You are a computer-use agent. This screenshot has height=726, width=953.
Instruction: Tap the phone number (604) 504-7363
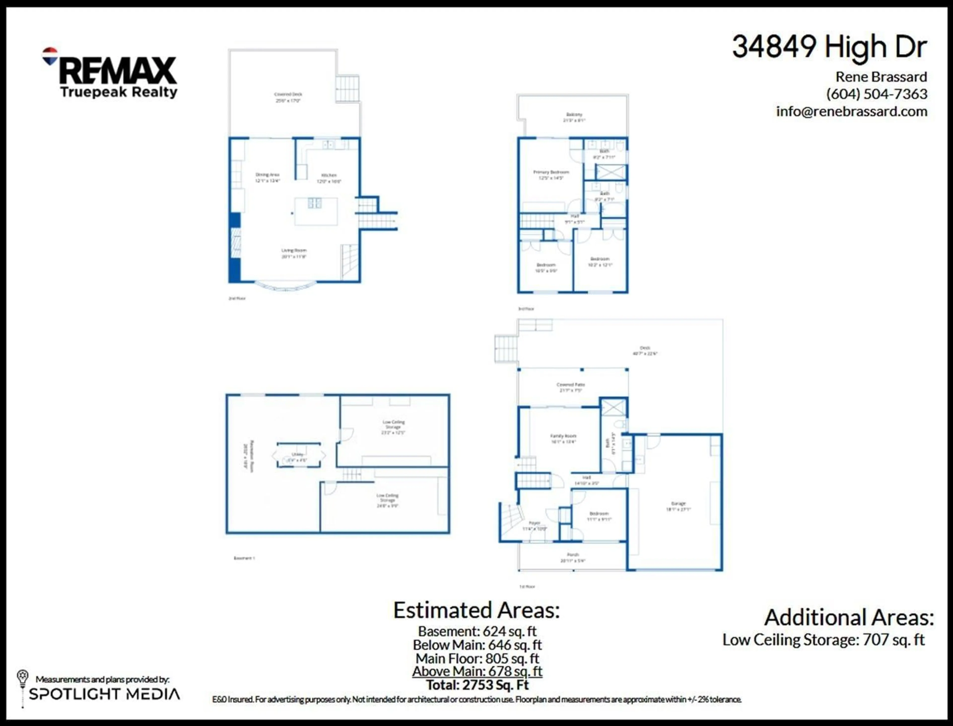[877, 94]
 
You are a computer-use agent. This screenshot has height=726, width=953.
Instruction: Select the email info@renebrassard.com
[851, 111]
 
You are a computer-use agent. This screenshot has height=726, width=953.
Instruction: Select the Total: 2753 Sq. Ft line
[477, 685]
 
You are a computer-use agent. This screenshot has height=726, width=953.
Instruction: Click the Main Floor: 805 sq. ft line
[477, 659]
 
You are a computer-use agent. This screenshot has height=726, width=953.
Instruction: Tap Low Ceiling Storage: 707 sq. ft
[823, 640]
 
